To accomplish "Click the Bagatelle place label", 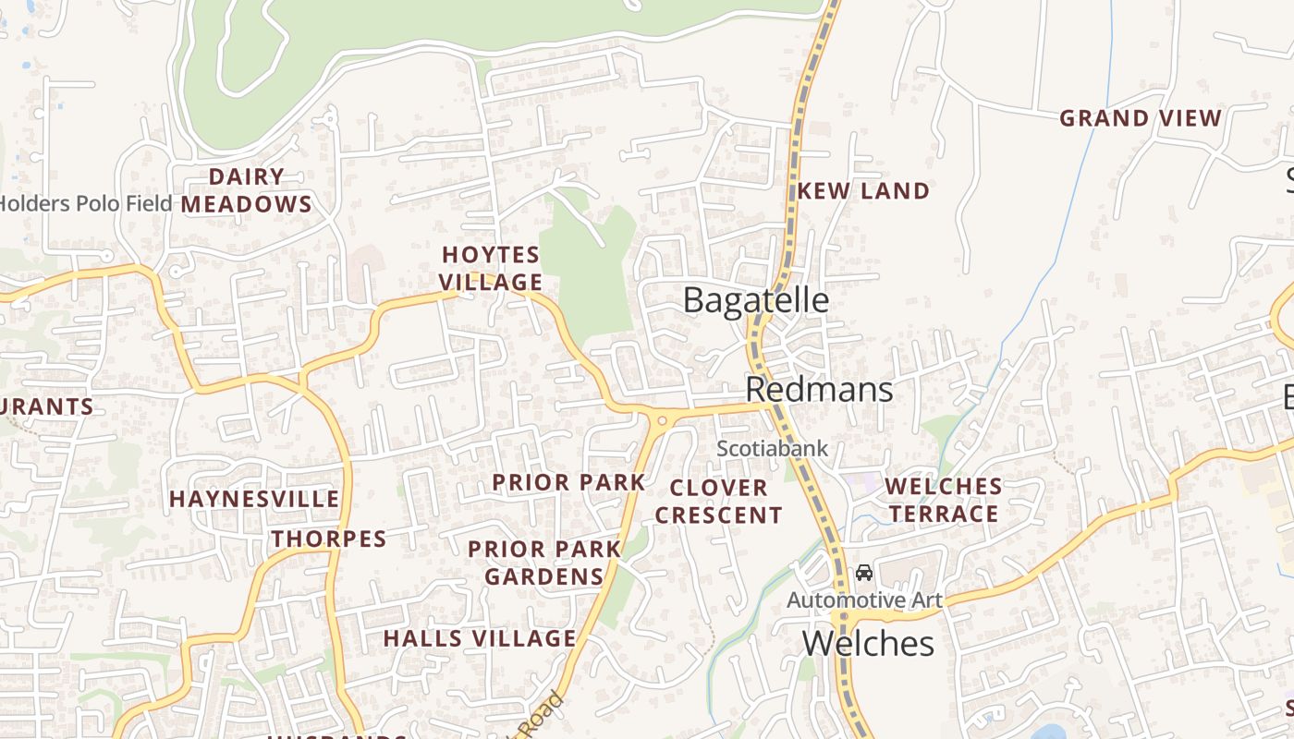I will click(x=755, y=300).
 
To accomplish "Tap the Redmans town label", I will click(x=819, y=390).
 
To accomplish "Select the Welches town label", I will click(x=868, y=643).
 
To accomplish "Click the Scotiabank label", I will click(x=773, y=449).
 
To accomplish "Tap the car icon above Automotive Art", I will click(x=864, y=573).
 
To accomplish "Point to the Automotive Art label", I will click(x=864, y=600).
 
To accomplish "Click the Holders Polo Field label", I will click(x=86, y=203).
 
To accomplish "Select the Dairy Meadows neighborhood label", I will click(x=246, y=190).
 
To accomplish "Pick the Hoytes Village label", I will click(x=491, y=268).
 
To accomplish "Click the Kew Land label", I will click(x=863, y=191).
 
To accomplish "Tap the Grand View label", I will click(x=1141, y=118).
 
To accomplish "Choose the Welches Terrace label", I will click(x=944, y=500).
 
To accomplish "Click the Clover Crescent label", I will click(x=719, y=501).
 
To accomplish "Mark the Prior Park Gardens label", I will click(x=544, y=563).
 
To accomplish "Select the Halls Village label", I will click(x=480, y=638).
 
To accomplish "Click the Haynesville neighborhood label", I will click(x=254, y=499).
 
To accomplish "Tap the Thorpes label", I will click(x=328, y=539).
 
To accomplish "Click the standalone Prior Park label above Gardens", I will click(x=568, y=482).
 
